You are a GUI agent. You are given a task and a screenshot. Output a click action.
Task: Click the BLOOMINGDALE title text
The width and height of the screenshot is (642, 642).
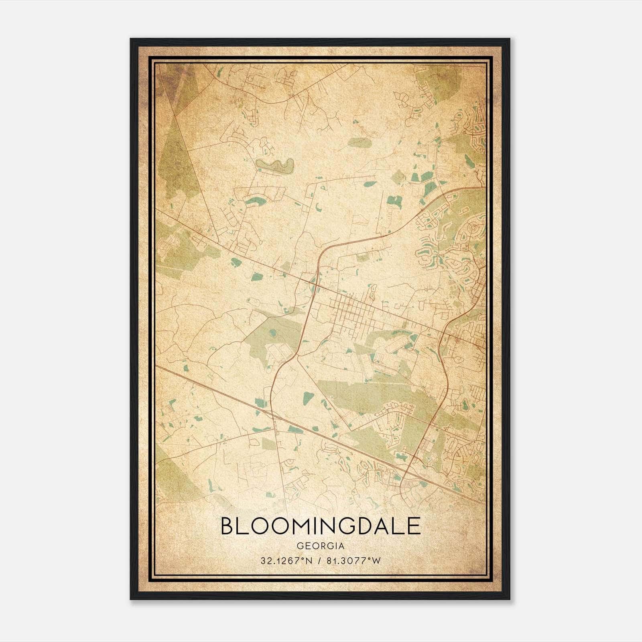pos(320,526)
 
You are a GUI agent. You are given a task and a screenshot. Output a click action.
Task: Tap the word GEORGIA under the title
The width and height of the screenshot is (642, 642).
pos(320,546)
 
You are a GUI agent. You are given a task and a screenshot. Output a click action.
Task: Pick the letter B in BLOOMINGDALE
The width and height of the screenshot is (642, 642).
pos(227,526)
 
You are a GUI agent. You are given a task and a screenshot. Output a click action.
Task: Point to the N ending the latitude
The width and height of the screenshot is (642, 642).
pos(309,561)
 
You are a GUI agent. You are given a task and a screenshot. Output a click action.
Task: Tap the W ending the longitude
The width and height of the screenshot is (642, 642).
pos(376,561)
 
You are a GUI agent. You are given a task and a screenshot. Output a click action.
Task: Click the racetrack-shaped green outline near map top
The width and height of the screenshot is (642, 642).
pos(275,166)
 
